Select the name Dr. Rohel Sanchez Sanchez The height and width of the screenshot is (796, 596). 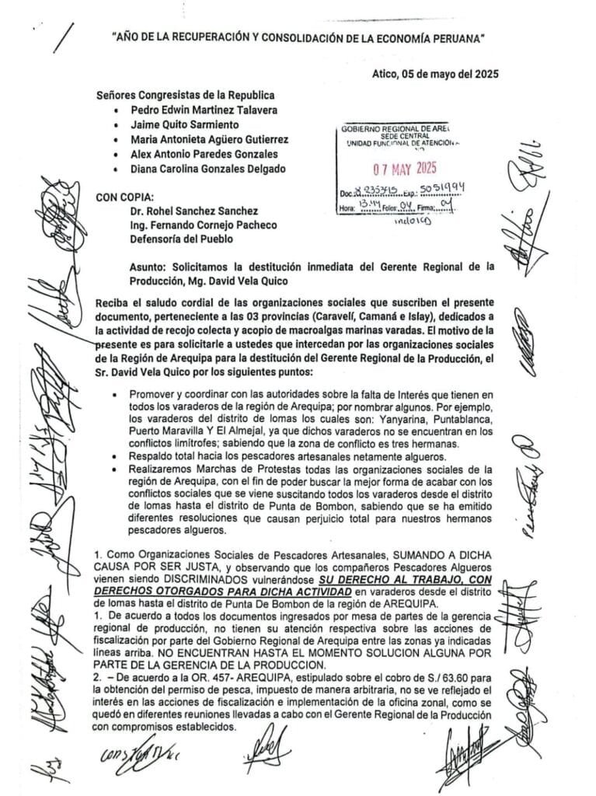tap(192, 211)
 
